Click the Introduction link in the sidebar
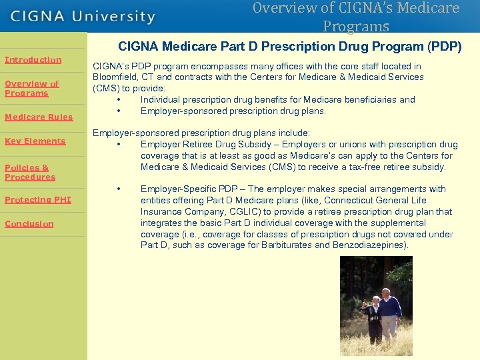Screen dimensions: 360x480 33,60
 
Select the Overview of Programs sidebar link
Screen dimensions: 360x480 31,89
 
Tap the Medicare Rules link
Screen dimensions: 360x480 39,117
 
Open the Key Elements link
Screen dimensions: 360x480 35,141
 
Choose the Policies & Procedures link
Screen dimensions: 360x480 30,173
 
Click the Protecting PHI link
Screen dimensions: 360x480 37,200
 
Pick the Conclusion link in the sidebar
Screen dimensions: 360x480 29,224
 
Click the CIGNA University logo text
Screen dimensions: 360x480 83,17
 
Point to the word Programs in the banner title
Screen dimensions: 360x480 355,27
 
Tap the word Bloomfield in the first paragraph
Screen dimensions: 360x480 115,77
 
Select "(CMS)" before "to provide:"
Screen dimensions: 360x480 105,88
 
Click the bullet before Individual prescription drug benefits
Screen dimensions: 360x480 118,100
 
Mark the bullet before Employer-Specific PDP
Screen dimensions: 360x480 118,189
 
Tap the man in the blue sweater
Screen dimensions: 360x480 388,313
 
